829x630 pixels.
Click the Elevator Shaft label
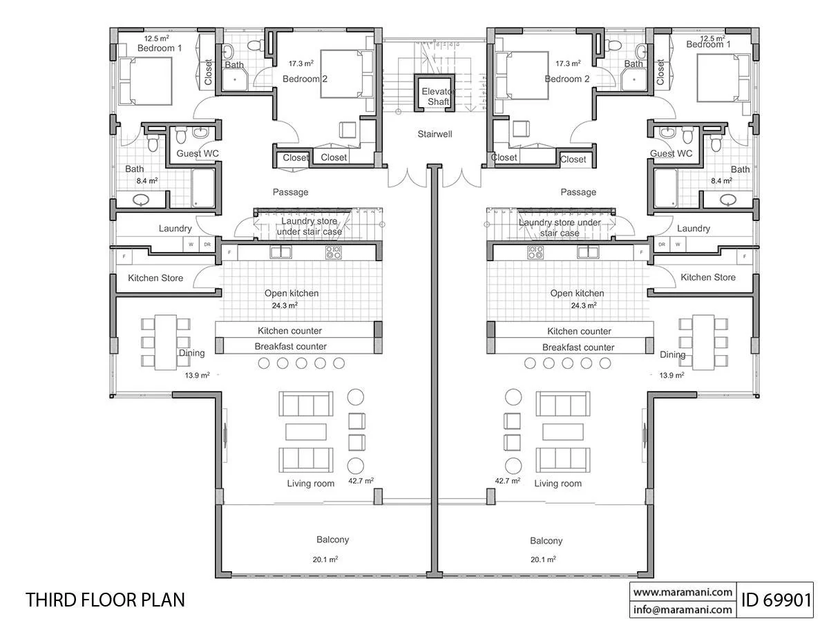[437, 97]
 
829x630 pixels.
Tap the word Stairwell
[435, 134]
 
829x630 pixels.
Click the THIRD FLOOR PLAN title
[105, 600]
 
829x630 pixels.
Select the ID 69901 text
[776, 600]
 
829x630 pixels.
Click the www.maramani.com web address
[683, 592]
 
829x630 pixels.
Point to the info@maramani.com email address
[683, 609]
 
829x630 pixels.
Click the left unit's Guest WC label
[198, 153]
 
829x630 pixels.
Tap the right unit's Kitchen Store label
[708, 278]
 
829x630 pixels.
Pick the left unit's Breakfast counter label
[290, 347]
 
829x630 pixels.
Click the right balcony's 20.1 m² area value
[543, 560]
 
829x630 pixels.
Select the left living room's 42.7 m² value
[361, 481]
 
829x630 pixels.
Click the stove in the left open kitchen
[334, 252]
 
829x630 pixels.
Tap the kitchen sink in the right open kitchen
[588, 252]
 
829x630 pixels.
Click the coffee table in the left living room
[306, 432]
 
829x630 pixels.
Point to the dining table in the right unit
[703, 343]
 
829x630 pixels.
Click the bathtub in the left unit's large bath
[203, 188]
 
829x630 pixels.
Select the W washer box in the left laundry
[191, 245]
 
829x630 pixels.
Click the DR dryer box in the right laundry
[662, 245]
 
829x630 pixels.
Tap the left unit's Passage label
[290, 192]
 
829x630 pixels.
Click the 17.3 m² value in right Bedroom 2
[568, 64]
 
